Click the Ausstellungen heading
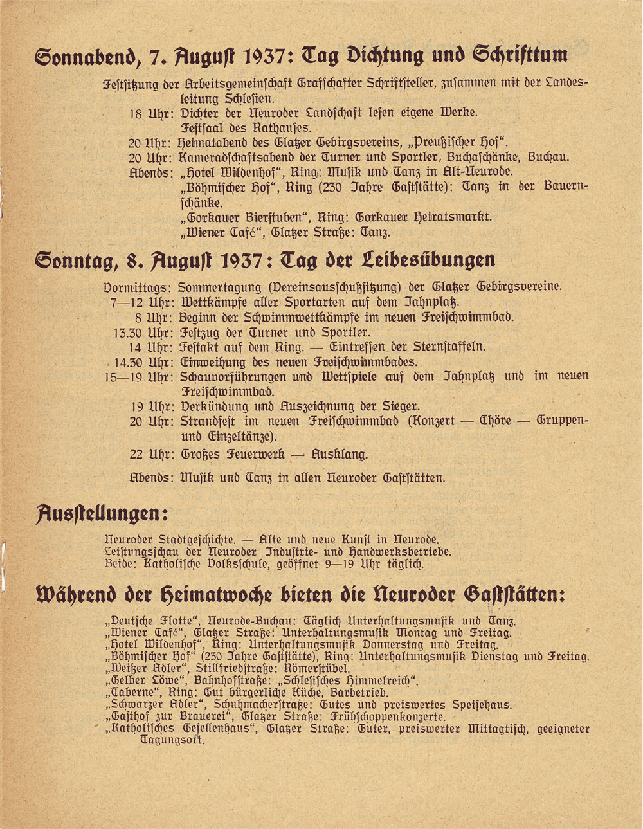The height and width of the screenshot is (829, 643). click(102, 514)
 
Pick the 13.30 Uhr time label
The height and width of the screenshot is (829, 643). click(143, 333)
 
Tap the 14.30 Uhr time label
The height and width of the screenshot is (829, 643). click(143, 363)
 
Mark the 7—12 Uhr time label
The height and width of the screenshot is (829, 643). click(142, 302)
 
